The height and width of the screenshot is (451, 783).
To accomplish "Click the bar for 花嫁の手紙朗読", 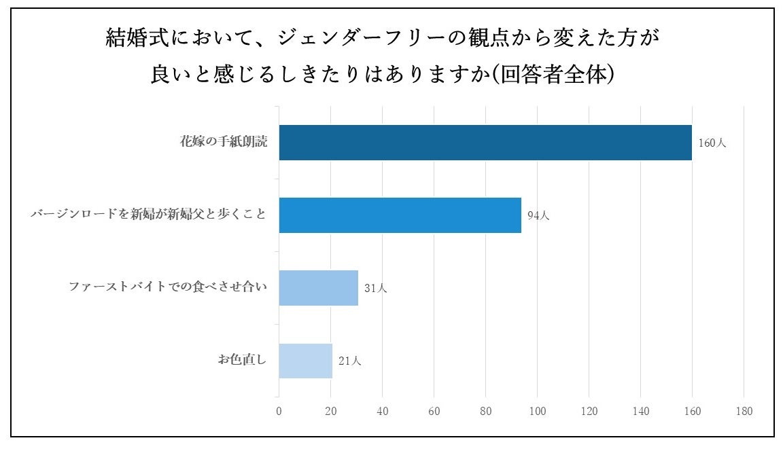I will pos(485,143).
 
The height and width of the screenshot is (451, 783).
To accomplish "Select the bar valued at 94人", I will pos(400,215).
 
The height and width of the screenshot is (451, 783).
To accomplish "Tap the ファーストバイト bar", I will pos(318,288).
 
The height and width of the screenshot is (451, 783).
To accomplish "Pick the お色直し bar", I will pos(305,361).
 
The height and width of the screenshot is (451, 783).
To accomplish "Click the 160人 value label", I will pos(712,143).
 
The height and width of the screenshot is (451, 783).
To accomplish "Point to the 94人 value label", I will pos(538,215).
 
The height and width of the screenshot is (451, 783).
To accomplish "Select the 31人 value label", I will pos(375,288).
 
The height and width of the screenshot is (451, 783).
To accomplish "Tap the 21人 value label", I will pos(349,361).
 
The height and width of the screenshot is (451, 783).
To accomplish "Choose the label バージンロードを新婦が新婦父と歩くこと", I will pos(148,215).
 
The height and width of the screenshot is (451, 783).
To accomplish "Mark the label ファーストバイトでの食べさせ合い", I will pos(168,287).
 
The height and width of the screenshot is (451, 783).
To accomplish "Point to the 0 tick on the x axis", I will pos(279,411).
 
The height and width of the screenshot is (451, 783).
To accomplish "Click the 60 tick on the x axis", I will pos(434,411).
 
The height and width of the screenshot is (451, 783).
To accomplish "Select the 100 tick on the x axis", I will pos(537,411).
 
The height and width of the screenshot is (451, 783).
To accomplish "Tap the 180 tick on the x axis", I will pos(744,411).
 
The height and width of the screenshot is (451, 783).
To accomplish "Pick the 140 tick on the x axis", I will pos(640,411).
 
